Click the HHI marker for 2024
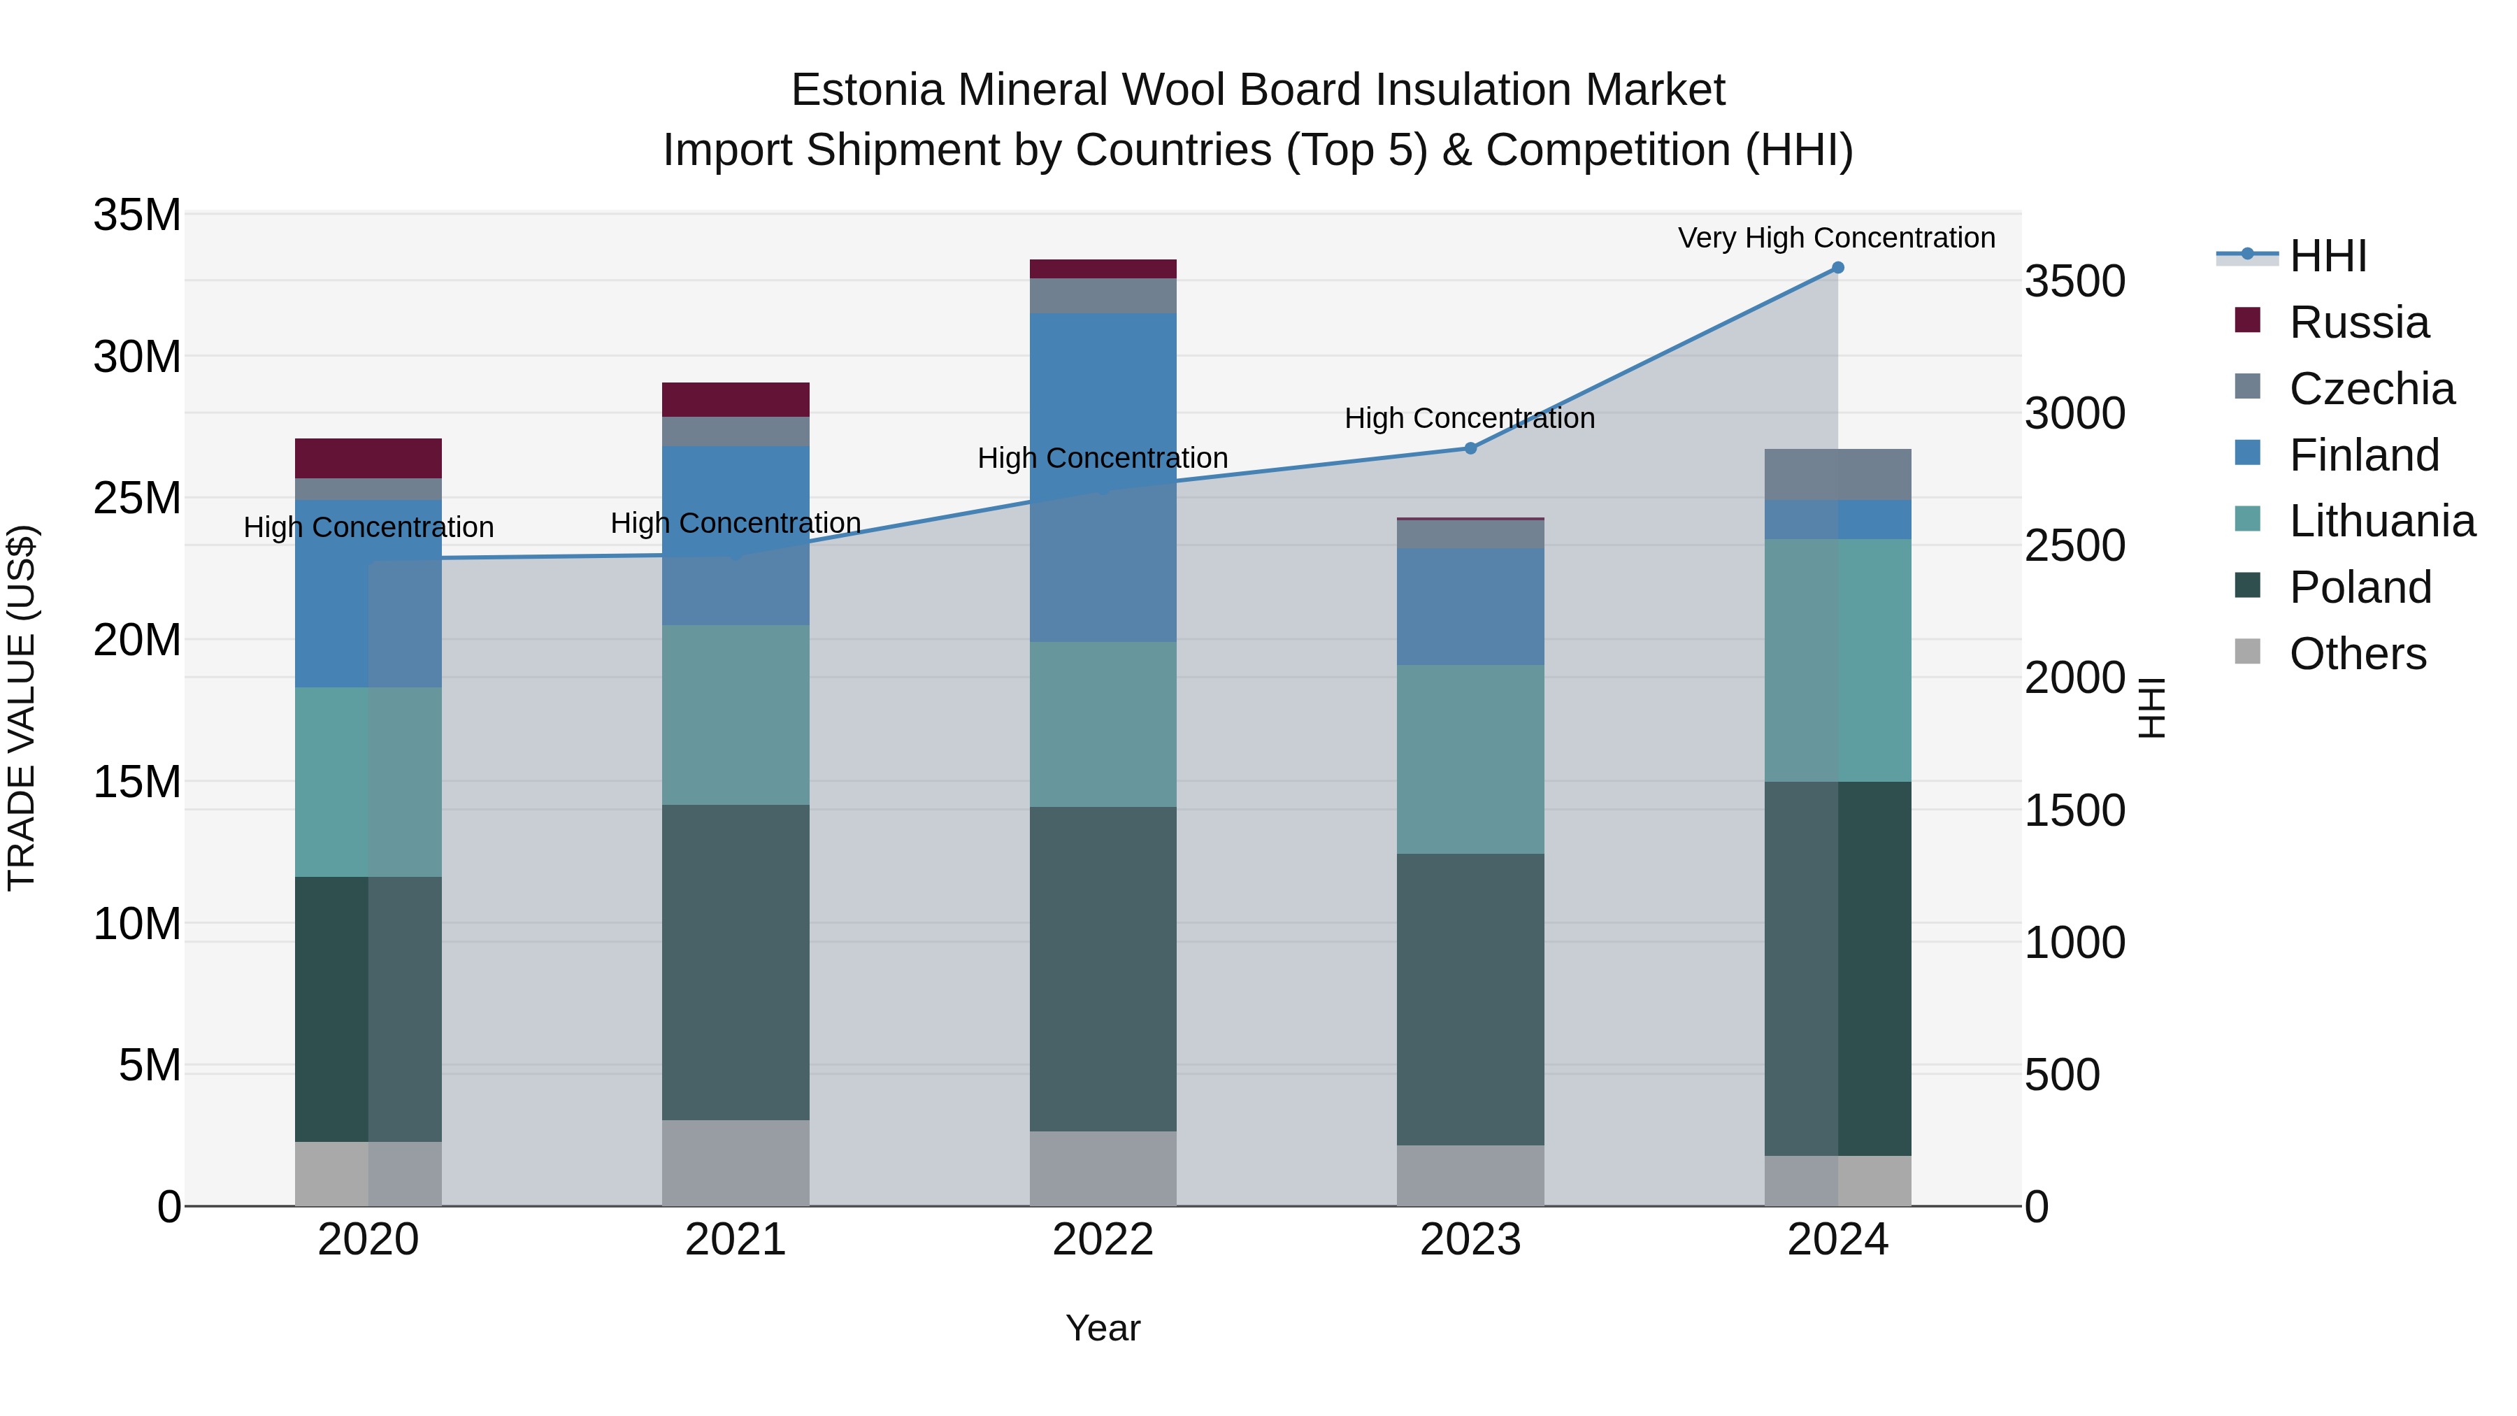point(1837,268)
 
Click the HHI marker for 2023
point(1470,448)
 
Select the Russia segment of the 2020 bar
point(368,458)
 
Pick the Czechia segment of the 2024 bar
point(1837,475)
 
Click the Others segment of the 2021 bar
point(736,1163)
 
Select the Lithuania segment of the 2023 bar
point(1470,759)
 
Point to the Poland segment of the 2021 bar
point(736,963)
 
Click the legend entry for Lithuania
point(2381,522)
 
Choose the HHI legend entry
point(2328,256)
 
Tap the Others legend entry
point(2357,654)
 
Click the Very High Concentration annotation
point(1836,238)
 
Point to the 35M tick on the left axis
point(137,215)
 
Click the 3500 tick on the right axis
point(2074,281)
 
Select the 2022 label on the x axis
point(1103,1240)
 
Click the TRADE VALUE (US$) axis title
point(22,708)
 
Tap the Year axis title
point(1103,1328)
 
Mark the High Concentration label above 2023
point(1470,418)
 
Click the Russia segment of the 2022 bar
point(1103,269)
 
